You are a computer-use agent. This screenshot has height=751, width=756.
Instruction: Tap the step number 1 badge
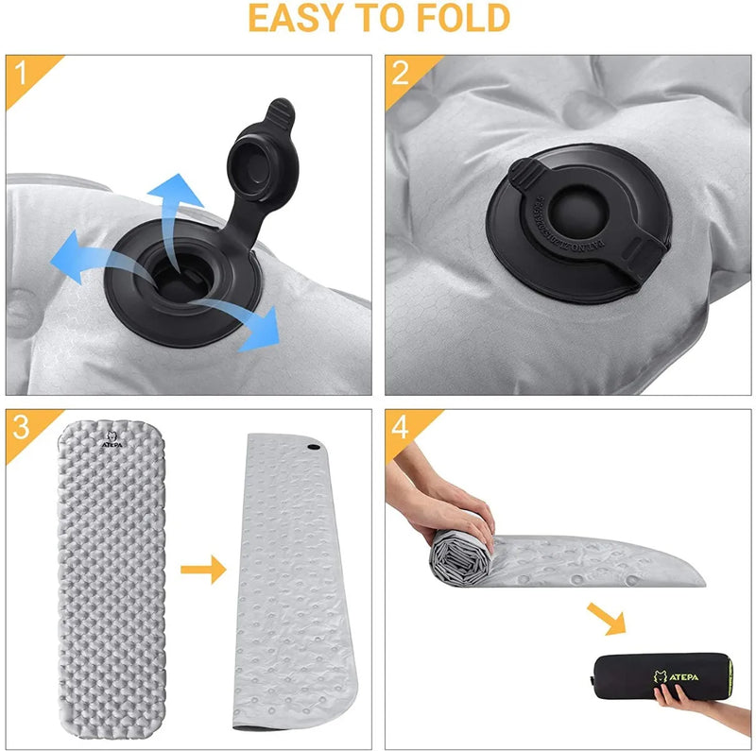(x=20, y=73)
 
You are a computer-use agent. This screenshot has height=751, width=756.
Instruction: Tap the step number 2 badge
(x=400, y=73)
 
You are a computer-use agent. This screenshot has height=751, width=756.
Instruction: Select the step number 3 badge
(x=20, y=427)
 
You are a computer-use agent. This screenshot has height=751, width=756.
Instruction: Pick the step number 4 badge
(x=400, y=427)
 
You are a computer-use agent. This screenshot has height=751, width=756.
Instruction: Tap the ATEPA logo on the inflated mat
(x=112, y=439)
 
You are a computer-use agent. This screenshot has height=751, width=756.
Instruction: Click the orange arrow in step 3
(x=204, y=569)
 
